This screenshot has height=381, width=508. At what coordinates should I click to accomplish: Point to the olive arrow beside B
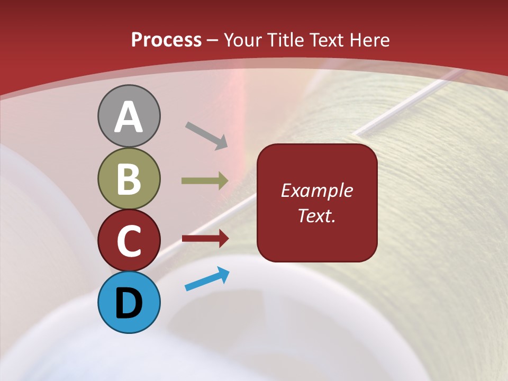click(205, 180)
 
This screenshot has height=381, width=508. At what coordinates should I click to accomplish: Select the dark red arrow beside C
click(205, 239)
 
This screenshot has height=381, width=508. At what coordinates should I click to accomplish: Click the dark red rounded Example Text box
click(317, 203)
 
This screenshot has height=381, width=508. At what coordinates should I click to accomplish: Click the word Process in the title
click(166, 40)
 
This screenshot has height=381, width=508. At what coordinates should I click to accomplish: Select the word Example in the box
click(317, 190)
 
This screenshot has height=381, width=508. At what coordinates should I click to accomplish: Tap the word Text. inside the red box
click(317, 216)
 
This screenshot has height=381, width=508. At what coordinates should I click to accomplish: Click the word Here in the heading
click(370, 40)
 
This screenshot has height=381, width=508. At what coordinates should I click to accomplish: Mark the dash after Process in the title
click(213, 40)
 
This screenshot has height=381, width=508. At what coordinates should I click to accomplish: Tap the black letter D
click(129, 303)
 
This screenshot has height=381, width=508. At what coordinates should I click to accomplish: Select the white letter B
click(129, 179)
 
